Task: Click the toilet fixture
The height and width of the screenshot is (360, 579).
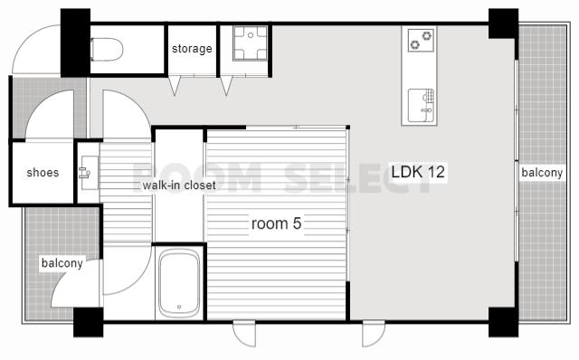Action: click(x=107, y=50)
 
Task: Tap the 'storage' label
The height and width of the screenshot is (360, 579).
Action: click(x=192, y=49)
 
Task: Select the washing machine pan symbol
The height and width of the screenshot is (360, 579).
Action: click(x=251, y=43)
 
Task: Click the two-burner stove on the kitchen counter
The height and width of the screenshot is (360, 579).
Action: click(x=421, y=40)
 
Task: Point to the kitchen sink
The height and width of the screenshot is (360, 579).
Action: click(x=421, y=105)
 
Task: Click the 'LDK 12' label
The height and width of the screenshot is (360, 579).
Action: click(x=418, y=172)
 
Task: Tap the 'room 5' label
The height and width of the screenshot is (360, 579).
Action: click(x=276, y=223)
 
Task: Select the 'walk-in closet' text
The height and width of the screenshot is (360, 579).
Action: click(x=179, y=185)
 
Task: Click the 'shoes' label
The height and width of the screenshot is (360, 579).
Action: click(x=43, y=173)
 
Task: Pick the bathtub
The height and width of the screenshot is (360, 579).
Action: click(x=179, y=283)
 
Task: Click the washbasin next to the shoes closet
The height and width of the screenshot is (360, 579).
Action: click(x=89, y=173)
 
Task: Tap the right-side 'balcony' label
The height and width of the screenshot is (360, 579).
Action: click(x=542, y=173)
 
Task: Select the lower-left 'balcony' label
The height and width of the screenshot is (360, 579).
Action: click(x=62, y=263)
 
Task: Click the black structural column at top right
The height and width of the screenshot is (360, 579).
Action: click(x=503, y=24)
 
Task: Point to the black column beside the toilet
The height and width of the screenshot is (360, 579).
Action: click(x=75, y=43)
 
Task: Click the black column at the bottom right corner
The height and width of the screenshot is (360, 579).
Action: click(x=503, y=322)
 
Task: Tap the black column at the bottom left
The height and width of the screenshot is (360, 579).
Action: click(x=89, y=322)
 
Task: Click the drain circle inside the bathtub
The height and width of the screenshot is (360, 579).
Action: click(x=179, y=307)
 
